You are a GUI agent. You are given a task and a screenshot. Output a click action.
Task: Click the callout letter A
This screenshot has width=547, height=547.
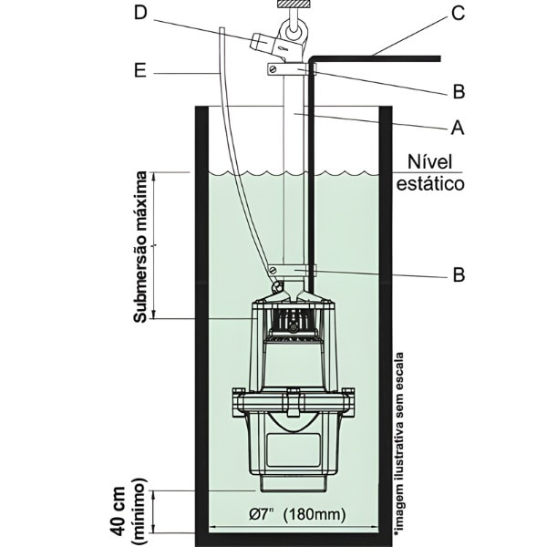[x=459, y=129]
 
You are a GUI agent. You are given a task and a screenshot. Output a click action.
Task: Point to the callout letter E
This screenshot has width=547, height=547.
[x=139, y=69]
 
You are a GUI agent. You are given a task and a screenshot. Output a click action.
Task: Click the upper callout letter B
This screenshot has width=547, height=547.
[x=459, y=90]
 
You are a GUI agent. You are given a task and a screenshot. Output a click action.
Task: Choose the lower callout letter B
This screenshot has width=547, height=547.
[x=459, y=273]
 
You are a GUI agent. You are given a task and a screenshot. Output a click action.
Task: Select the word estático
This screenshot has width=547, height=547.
[x=431, y=184]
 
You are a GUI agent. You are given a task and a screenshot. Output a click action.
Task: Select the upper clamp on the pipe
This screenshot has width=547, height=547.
[x=291, y=68]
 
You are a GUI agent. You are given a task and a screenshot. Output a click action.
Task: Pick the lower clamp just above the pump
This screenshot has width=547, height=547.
[x=292, y=270]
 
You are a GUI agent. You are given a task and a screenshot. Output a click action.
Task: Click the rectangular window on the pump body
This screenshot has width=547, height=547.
[x=292, y=447]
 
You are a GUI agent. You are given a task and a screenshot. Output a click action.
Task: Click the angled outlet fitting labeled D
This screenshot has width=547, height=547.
[x=267, y=42]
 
